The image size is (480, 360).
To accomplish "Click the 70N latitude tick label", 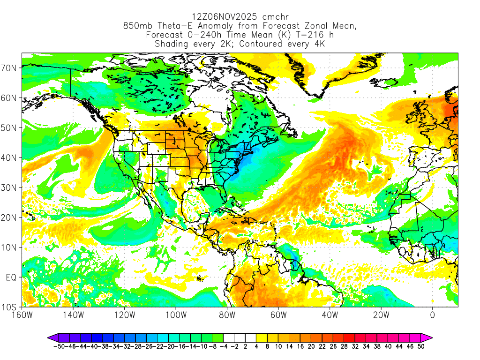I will click(x=10, y=68).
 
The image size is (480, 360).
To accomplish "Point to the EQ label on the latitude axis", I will click(x=11, y=277).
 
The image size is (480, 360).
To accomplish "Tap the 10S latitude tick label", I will click(x=10, y=307).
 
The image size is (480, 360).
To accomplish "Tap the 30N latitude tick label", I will click(x=10, y=187).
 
